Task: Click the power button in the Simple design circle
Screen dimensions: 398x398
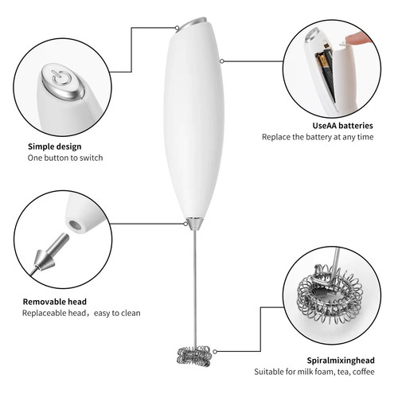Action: click(x=63, y=81)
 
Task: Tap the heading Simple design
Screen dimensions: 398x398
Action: click(x=55, y=146)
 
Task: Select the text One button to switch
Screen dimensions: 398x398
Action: click(x=65, y=158)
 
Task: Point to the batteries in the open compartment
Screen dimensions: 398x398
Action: click(x=325, y=73)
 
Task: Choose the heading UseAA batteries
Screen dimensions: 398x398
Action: click(x=342, y=126)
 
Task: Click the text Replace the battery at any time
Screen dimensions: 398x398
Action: click(x=318, y=137)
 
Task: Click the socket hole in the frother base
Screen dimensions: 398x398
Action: click(x=75, y=226)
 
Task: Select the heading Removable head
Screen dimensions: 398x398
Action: click(x=55, y=302)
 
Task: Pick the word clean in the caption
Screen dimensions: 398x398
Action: click(x=130, y=313)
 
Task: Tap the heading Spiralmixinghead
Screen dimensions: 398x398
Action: click(x=341, y=361)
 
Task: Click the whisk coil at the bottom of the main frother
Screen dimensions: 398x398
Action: click(x=194, y=356)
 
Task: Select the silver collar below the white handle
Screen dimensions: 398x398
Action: click(x=194, y=223)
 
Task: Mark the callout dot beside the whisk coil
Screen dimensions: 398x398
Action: click(x=215, y=352)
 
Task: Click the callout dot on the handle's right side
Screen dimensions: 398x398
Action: click(x=222, y=61)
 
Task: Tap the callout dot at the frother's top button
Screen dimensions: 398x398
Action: click(x=177, y=28)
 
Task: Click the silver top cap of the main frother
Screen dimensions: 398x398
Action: click(x=192, y=23)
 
